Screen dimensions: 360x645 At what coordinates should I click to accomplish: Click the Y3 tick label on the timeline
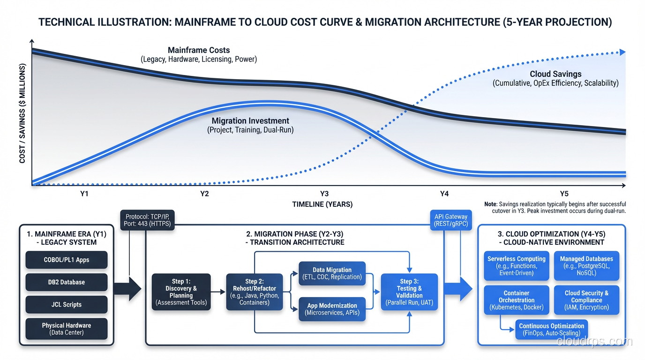[324, 194]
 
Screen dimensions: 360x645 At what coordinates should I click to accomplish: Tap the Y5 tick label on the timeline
[564, 194]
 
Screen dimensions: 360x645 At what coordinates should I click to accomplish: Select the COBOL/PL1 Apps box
[66, 260]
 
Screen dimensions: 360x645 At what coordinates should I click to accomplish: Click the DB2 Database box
[66, 282]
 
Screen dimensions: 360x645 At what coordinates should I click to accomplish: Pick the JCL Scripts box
[66, 305]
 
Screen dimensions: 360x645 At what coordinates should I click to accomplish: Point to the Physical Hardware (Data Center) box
[66, 329]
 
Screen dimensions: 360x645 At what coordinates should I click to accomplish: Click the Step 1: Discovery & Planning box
[181, 292]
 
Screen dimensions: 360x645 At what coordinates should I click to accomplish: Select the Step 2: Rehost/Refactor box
[254, 292]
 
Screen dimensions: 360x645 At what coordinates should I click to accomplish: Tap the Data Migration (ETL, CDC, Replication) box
[332, 273]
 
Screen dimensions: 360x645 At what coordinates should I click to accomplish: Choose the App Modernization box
[332, 309]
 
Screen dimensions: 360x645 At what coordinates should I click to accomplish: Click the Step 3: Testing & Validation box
[409, 292]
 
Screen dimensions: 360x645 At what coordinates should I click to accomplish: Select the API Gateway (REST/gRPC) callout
[450, 220]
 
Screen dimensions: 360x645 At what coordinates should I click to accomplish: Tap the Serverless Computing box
[516, 266]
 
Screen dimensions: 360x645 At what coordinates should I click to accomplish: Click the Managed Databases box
[586, 266]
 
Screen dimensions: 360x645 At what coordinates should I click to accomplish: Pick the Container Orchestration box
[516, 300]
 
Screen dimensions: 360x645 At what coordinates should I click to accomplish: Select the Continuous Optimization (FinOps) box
[551, 330]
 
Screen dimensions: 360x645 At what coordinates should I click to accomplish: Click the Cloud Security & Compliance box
[586, 300]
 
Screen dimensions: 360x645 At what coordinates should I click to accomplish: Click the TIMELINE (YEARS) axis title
[322, 204]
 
